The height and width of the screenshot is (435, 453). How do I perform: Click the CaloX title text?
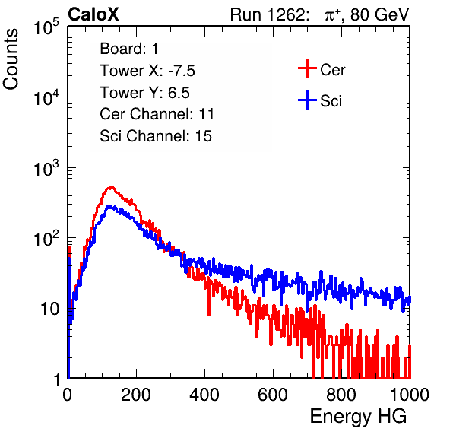pos(93,14)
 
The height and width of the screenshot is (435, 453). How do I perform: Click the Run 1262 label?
pos(268,14)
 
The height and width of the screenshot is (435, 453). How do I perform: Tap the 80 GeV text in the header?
pos(379,14)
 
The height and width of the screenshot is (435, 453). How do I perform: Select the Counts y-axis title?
pos(11,59)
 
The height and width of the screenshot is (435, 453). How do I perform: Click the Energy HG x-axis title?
pos(358,417)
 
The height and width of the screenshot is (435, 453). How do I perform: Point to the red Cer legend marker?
pos(307,68)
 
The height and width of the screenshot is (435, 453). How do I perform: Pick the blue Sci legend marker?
pos(307,100)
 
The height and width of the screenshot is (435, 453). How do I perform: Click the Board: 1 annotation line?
pos(129,49)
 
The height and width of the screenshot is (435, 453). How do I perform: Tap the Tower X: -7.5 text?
pos(147,71)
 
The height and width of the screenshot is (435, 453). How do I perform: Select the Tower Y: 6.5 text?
pos(144,93)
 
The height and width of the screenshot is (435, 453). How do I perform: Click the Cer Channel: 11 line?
pos(157,114)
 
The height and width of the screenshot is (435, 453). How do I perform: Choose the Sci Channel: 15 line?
pos(156,136)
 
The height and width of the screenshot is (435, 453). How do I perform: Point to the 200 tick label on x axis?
pos(136,395)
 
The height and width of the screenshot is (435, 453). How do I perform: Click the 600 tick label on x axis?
pos(273,395)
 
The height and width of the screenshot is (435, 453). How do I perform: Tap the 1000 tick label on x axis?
pos(410,395)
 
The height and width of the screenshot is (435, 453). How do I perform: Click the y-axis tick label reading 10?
pos(49,309)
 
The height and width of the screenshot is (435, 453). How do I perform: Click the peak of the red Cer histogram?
pos(112,187)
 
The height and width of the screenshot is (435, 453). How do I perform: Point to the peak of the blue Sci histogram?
pos(109,206)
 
